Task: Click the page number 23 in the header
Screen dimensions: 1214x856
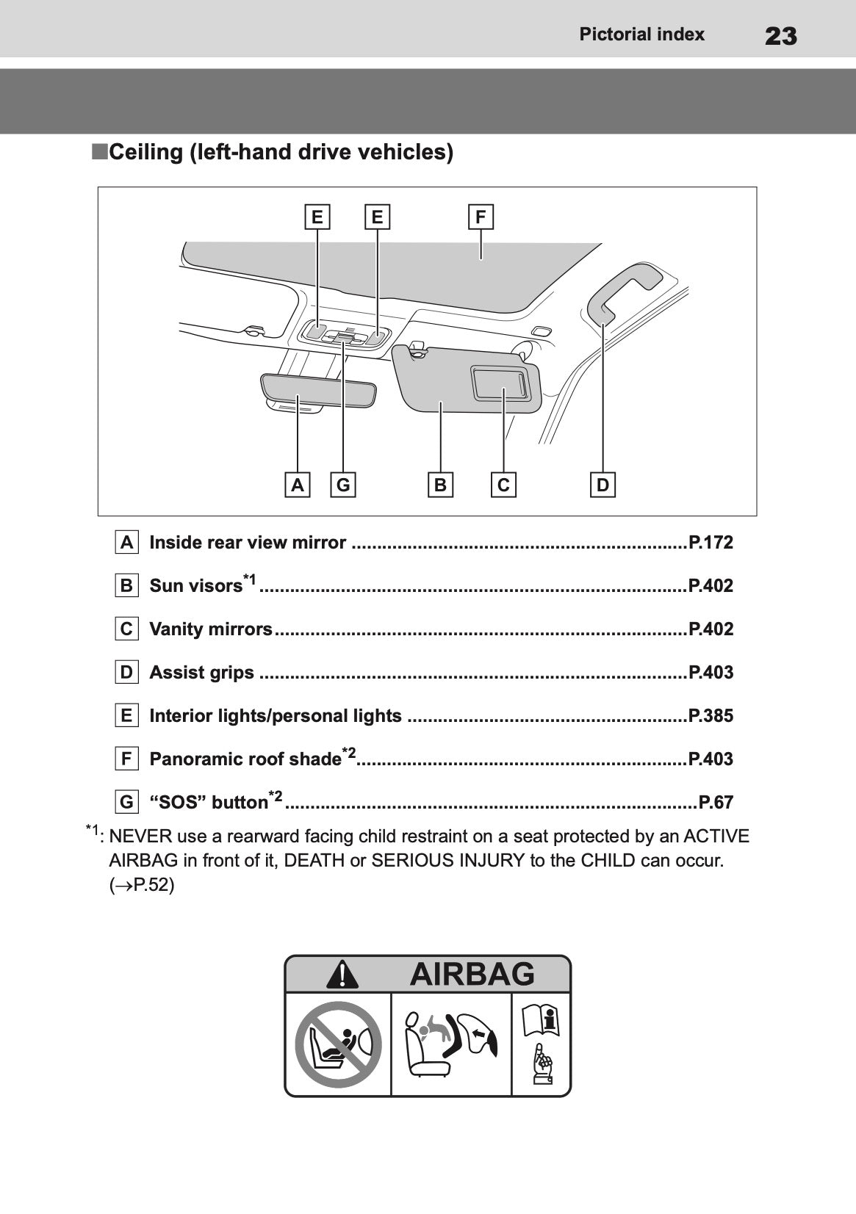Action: pos(780,35)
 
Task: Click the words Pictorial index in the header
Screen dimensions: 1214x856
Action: pos(641,35)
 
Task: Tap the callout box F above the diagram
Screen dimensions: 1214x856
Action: pos(481,217)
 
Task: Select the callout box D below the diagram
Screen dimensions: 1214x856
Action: pos(603,485)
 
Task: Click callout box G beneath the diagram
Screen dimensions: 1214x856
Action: pos(343,485)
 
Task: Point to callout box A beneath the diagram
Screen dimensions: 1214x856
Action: pos(297,485)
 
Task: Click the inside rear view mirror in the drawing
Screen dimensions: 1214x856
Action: pos(317,389)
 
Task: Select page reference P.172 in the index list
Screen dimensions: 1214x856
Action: pos(711,543)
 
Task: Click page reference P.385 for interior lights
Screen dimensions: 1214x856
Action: pos(711,716)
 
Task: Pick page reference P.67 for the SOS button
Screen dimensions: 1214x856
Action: pos(716,803)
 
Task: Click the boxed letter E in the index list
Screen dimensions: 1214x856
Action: pos(127,716)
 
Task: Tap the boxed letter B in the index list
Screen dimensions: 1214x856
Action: pos(127,586)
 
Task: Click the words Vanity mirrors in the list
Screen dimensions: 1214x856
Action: pos(211,629)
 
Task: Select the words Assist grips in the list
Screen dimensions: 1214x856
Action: pos(202,673)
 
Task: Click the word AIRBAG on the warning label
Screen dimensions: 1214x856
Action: pos(472,975)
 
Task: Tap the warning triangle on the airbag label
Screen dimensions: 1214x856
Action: pos(342,975)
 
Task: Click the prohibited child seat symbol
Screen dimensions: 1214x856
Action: pos(338,1044)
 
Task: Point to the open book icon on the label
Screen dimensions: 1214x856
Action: pos(540,1021)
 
